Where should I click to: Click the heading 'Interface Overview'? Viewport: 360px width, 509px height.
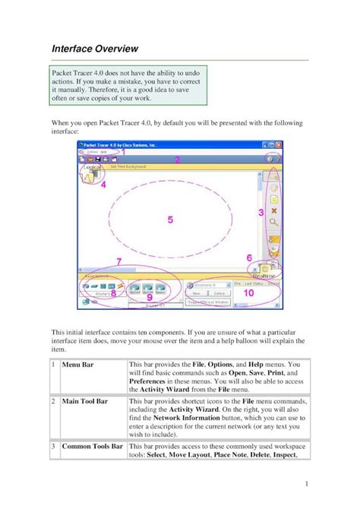95,49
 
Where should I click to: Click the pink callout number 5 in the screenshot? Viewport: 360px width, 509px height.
171,220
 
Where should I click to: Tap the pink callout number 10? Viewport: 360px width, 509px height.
248,292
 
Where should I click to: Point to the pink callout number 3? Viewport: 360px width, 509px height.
261,213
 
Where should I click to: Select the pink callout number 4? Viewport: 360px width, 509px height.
103,184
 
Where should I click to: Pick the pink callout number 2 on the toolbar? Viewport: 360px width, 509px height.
177,160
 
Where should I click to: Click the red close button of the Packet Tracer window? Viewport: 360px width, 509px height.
279,144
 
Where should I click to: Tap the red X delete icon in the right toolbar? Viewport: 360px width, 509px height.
274,212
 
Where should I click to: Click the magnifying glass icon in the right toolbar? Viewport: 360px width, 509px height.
274,224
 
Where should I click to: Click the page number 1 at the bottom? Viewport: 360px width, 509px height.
304,483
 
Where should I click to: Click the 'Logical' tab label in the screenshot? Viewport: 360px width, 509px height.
93,167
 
